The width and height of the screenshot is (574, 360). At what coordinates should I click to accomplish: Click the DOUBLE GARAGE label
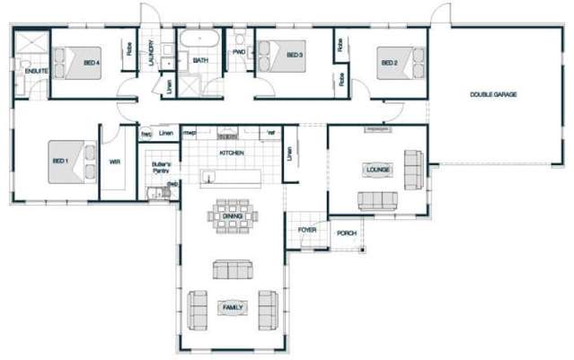tap(493, 94)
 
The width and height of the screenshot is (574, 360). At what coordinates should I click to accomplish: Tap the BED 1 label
tap(58, 161)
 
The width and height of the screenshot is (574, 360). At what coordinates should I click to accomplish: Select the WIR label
tap(114, 162)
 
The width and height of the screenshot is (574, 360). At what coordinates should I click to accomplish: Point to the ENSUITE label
tap(36, 69)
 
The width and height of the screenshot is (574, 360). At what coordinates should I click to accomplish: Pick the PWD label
tap(238, 53)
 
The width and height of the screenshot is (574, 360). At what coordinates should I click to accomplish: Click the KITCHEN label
tap(232, 154)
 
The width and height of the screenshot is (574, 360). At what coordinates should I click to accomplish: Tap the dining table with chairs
tap(232, 216)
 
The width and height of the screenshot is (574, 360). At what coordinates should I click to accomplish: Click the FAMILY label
tap(232, 307)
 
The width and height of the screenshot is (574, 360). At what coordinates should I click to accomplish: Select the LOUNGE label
tap(376, 168)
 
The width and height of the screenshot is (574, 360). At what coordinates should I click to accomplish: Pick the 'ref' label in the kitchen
tap(270, 134)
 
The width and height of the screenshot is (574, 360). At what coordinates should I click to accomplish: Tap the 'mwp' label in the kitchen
tap(190, 134)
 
